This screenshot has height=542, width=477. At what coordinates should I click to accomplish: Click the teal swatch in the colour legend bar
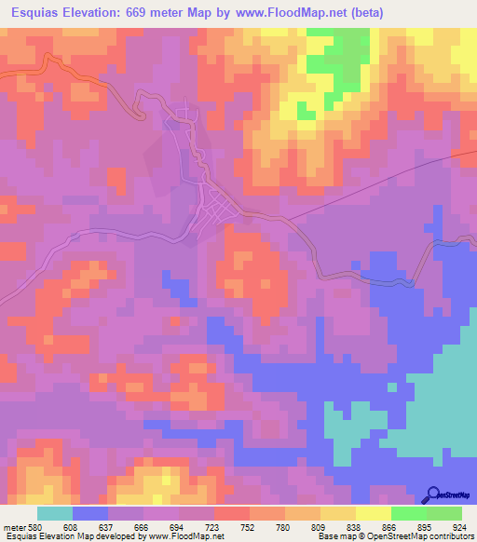click(x=54, y=513)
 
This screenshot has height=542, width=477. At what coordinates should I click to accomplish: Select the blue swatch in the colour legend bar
click(x=89, y=513)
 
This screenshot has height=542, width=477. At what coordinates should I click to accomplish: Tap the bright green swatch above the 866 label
click(x=408, y=513)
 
